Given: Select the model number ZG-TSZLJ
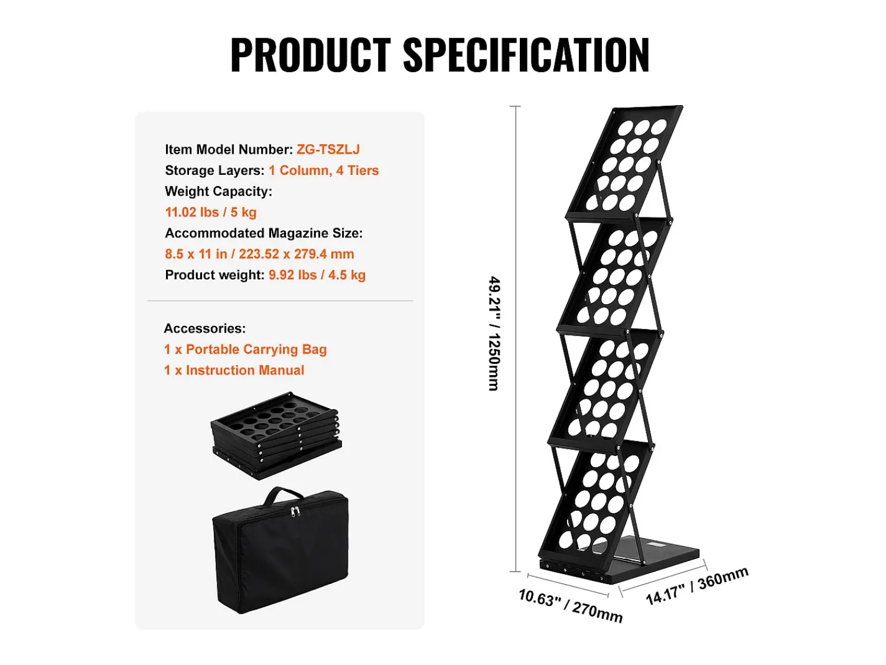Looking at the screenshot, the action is (x=328, y=149).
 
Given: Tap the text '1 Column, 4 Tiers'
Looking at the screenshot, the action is (x=323, y=170).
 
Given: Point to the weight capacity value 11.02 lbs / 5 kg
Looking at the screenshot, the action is (x=211, y=212).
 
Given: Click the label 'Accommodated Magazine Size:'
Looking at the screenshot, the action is (x=263, y=233).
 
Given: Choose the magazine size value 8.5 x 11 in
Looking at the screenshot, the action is (x=196, y=254).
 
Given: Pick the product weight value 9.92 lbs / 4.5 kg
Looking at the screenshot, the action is (x=317, y=275).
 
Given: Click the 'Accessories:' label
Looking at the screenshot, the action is (x=204, y=328).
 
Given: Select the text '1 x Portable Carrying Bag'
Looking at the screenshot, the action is (x=245, y=349).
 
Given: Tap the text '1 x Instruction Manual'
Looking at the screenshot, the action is (x=234, y=370).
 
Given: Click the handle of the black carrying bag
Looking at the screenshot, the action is (x=283, y=496).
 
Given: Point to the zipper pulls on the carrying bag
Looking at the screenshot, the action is (x=295, y=511).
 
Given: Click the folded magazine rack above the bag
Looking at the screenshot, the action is (x=276, y=435).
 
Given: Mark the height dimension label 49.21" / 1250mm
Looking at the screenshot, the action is (x=494, y=334).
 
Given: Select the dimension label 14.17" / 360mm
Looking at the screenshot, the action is (x=697, y=585).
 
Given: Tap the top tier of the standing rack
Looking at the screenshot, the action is (x=624, y=162).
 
